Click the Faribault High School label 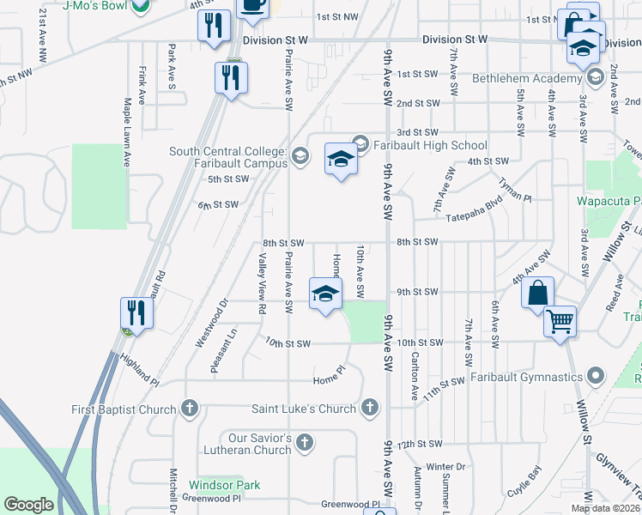(x=430, y=145)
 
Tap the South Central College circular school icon (x=300, y=156)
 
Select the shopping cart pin (x=560, y=323)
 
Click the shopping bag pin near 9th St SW (x=536, y=293)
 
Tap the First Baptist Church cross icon (x=191, y=409)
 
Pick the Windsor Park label (x=224, y=485)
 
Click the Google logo (x=29, y=505)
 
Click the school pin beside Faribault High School (x=341, y=160)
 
